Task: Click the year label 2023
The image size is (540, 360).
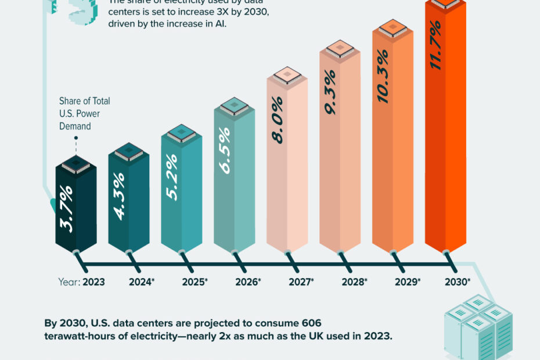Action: click(93, 282)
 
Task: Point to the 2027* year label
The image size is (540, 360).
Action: click(301, 282)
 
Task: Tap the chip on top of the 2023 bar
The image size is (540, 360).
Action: click(75, 164)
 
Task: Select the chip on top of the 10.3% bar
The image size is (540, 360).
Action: click(393, 29)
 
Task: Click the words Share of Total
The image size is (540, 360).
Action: click(84, 101)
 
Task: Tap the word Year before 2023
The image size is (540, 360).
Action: click(68, 282)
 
